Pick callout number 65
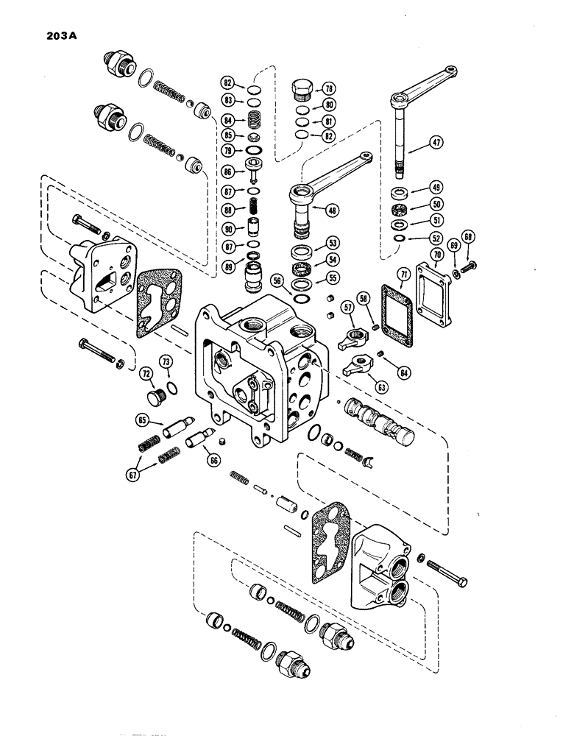coord(142,420)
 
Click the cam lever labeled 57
coord(351,339)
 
